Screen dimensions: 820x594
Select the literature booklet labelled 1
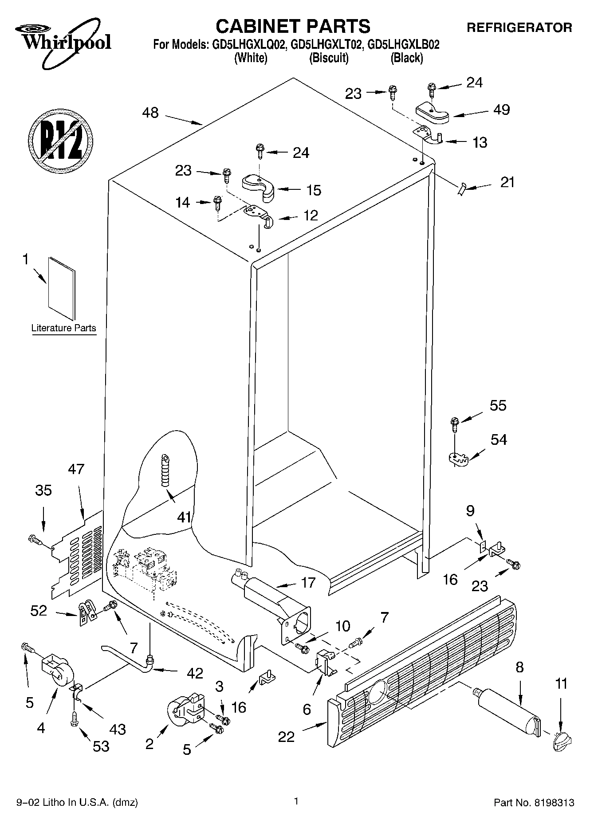[x=62, y=288]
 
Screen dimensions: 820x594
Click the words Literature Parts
[x=63, y=328]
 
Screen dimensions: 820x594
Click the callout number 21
[x=507, y=182]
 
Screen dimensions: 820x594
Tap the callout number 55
[x=498, y=406]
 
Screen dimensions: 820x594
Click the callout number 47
[x=76, y=469]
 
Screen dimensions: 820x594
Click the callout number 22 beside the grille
[x=286, y=737]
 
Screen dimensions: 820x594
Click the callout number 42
[x=195, y=673]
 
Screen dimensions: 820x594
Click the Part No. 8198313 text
[x=534, y=802]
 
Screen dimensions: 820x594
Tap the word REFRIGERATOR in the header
[x=519, y=27]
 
